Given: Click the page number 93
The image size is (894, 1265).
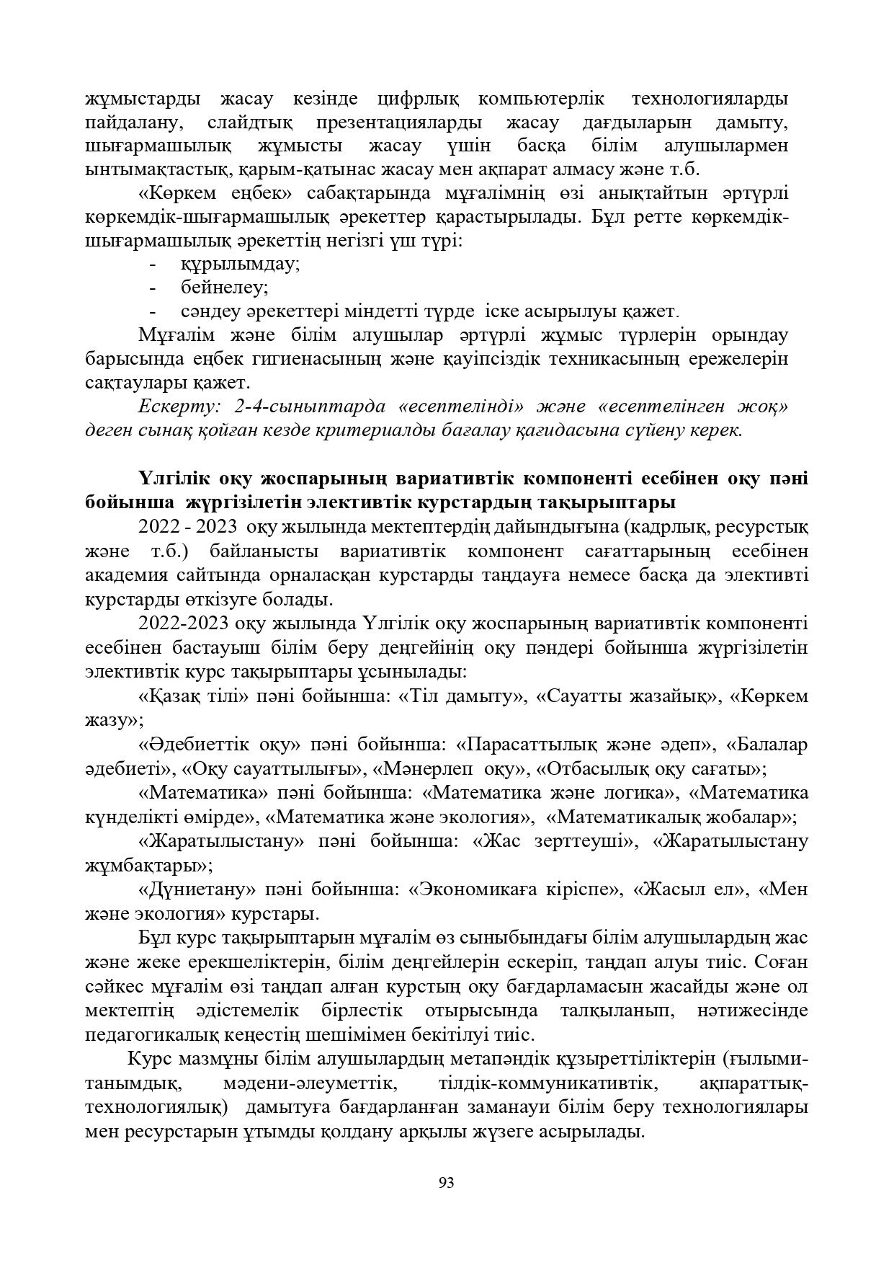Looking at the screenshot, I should [446, 1183].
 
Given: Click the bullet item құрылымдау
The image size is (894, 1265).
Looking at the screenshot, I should [240, 264].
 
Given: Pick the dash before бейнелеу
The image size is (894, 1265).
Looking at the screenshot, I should [153, 288].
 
